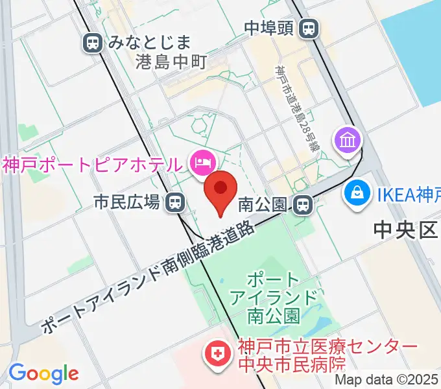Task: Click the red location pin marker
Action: point(220,189)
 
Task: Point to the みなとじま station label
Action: point(150,43)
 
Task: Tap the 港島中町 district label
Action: point(171,62)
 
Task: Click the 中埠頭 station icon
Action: point(310,28)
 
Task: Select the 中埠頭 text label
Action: point(270,28)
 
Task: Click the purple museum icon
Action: point(347,139)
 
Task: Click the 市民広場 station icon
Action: point(174,203)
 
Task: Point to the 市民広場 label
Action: point(127,203)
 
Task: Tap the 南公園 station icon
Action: point(302,206)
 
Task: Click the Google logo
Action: point(43,373)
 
